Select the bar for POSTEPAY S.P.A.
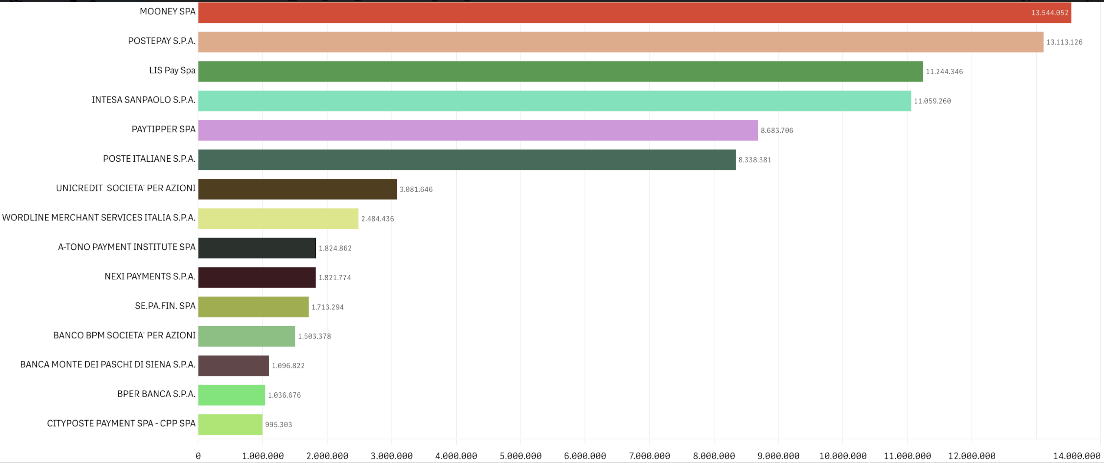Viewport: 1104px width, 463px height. pos(621,42)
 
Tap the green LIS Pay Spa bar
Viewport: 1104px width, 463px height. pos(560,71)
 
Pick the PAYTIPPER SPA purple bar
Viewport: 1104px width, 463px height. pos(478,130)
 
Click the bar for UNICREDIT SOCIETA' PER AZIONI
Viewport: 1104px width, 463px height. pos(298,189)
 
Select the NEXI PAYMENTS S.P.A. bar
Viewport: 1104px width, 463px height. pos(257,277)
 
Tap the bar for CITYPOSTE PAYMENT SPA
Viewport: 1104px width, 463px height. pos(230,424)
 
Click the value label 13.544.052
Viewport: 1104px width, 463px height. pos(1049,13)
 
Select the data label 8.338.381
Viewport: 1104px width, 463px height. pos(755,160)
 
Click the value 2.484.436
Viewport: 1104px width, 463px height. pos(378,219)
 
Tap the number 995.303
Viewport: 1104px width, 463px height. pos(279,425)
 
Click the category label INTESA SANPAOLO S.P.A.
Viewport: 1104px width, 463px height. pos(144,100)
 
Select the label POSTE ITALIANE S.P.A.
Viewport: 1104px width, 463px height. pos(149,159)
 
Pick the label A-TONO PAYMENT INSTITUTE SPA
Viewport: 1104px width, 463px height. pos(127,247)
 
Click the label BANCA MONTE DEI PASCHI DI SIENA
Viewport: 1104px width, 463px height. pos(108,365)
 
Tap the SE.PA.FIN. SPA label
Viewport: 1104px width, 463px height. pos(165,306)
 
